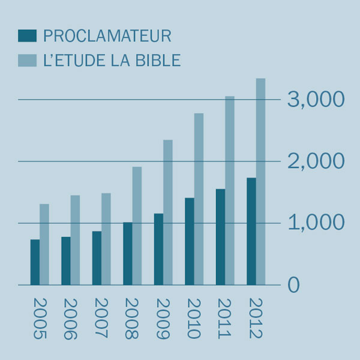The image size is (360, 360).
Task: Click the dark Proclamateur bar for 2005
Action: [x=35, y=262]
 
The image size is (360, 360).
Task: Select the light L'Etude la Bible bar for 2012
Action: [x=260, y=181]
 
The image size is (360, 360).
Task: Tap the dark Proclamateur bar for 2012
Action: [x=251, y=231]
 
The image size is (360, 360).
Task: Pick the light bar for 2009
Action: [x=168, y=212]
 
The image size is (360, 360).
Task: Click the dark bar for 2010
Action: [x=189, y=241]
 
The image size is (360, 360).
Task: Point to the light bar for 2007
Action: [x=106, y=239]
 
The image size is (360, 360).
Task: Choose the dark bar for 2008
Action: [x=127, y=253]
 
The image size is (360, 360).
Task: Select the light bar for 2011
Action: [x=230, y=190]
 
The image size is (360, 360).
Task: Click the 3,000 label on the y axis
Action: [x=316, y=100]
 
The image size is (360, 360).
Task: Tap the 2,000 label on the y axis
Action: [x=316, y=161]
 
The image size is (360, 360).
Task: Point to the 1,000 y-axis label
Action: [x=316, y=223]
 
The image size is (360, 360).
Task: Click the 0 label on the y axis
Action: [x=293, y=285]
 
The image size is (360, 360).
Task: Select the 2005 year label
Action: [x=40, y=319]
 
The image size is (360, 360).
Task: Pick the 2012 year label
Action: [x=256, y=319]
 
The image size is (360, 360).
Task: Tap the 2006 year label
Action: [x=71, y=319]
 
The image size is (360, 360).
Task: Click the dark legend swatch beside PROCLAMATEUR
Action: [x=28, y=36]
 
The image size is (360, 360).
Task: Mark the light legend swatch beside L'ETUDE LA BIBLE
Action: [x=28, y=61]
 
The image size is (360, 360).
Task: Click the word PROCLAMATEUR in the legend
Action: [x=107, y=36]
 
